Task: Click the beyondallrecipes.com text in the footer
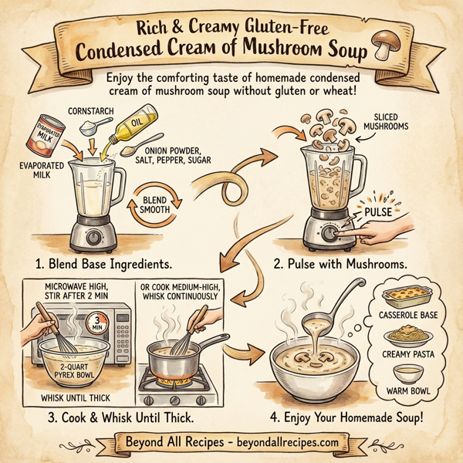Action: (x=290, y=445)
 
